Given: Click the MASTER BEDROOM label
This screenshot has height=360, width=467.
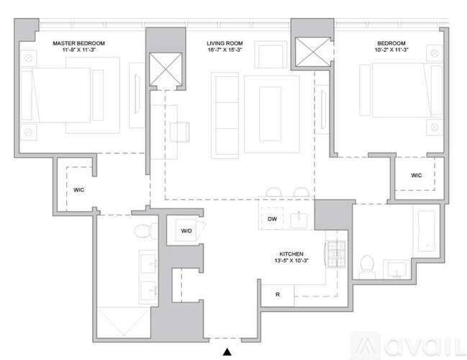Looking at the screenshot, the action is click(x=78, y=43).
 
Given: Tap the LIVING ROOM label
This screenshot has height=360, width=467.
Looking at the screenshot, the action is click(x=225, y=43).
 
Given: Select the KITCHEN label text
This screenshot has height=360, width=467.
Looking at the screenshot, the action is click(x=291, y=254).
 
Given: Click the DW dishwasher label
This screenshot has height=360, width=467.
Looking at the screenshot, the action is click(x=272, y=219).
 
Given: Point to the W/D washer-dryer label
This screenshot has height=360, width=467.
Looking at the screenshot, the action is click(x=186, y=230).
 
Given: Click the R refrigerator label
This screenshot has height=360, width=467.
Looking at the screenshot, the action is click(x=278, y=294).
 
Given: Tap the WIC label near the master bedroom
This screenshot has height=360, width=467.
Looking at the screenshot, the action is click(x=78, y=190).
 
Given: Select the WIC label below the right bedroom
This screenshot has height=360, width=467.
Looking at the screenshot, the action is click(x=417, y=175).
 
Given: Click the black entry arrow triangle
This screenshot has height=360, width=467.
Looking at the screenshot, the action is click(x=227, y=352).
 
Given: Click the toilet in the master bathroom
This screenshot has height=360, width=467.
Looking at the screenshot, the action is click(x=145, y=230).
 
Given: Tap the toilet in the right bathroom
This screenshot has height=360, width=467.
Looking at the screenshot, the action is click(x=367, y=266).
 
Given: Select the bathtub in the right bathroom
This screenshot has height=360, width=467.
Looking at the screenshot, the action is click(x=426, y=231).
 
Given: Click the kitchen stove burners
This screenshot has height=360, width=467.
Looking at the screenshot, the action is click(x=337, y=254).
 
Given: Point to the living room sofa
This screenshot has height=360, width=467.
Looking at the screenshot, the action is click(x=225, y=115).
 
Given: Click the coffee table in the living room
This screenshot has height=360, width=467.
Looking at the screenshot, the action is click(x=270, y=114).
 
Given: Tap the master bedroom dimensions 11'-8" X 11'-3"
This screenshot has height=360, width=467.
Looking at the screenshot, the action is click(x=78, y=50).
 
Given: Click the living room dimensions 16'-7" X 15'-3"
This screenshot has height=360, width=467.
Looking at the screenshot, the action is click(x=225, y=50).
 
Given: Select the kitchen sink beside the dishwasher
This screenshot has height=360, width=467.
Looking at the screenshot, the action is click(x=299, y=219).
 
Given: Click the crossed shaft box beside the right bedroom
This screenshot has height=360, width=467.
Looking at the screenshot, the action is click(x=313, y=52).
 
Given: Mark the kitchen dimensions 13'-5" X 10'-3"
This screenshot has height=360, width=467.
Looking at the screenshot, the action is click(x=291, y=261).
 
